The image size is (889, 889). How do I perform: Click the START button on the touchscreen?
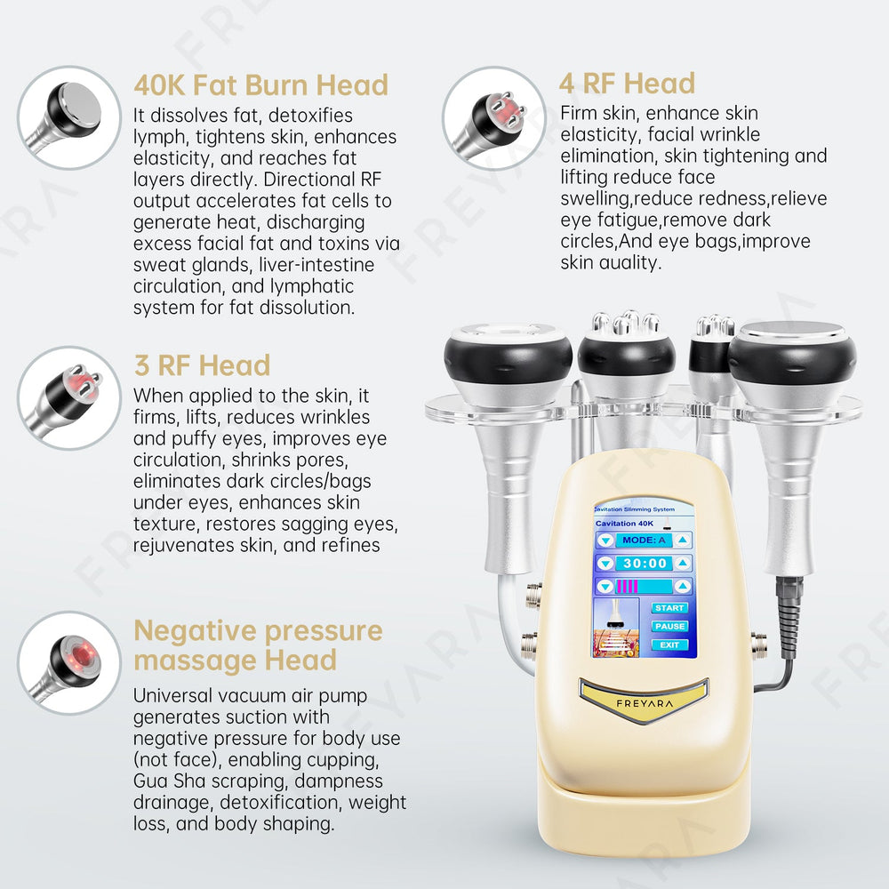pos(669,608)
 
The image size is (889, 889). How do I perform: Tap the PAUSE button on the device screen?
pos(669,627)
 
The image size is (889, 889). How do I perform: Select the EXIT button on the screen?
pos(669,645)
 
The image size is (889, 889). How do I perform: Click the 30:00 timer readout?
pos(645,563)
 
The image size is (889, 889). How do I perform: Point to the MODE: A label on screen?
pos(644,540)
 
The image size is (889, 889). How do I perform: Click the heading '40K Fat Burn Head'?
pos(260,85)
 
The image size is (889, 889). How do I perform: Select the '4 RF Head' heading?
pos(627,84)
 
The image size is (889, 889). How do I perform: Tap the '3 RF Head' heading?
pos(202,365)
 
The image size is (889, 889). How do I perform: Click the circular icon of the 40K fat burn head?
pos(69,117)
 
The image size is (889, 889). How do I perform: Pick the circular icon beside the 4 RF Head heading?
pos(493,118)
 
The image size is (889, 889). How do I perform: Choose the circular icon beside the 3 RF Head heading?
pos(69,398)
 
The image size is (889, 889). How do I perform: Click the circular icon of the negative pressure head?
pos(69,663)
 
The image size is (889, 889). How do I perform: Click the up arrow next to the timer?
pos(683,563)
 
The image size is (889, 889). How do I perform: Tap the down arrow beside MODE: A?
pos(605,541)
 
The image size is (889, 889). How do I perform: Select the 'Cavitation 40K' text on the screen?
pos(624,524)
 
